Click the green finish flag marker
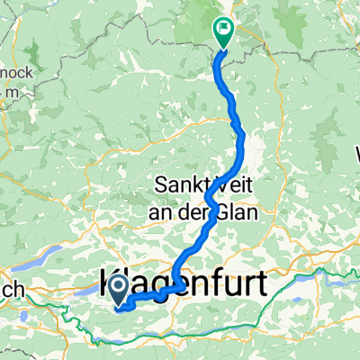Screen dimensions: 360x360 (222, 31)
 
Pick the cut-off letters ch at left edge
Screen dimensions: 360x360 (11, 289)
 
